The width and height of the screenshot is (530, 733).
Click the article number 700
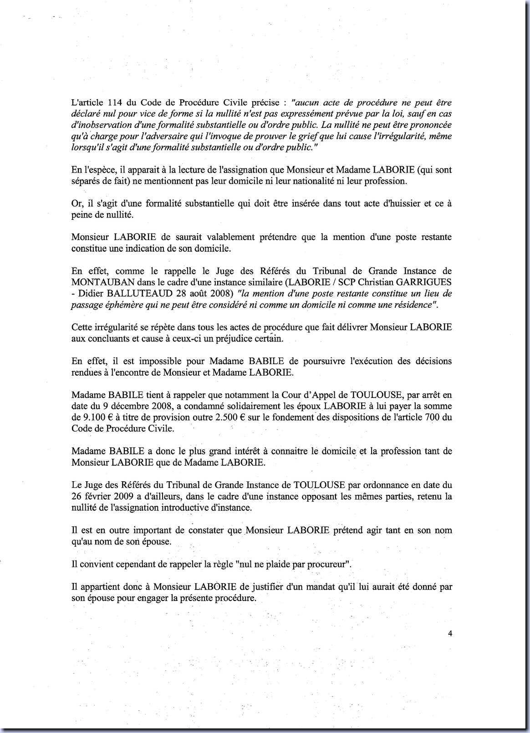click(x=443, y=417)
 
